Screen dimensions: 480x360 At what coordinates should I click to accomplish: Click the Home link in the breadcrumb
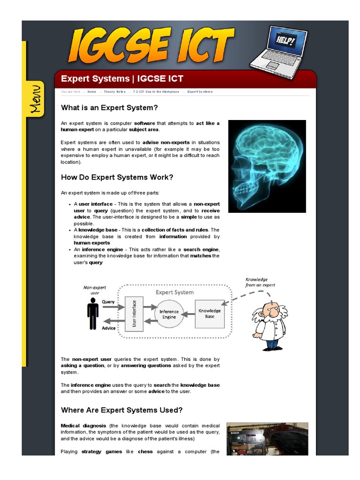(91, 92)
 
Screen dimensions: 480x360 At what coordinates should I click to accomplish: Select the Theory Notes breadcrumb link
(115, 92)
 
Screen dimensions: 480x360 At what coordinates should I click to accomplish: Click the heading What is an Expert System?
(110, 108)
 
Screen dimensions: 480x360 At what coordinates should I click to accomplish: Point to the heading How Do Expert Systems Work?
(117, 177)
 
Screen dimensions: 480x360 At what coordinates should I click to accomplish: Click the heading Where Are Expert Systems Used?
(122, 410)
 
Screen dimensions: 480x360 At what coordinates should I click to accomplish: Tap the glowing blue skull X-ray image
(267, 166)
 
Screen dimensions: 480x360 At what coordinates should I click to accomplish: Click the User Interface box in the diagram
(134, 314)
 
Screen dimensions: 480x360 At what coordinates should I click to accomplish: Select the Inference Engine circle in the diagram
(169, 314)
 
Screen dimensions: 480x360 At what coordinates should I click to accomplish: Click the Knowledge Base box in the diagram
(210, 314)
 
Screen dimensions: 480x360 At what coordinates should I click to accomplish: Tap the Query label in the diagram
(108, 302)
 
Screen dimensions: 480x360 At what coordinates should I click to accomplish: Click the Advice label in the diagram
(109, 328)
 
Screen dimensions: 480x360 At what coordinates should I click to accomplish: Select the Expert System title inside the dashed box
(174, 292)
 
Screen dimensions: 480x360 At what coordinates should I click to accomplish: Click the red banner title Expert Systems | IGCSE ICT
(122, 79)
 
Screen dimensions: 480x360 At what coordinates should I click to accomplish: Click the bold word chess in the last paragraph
(145, 452)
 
